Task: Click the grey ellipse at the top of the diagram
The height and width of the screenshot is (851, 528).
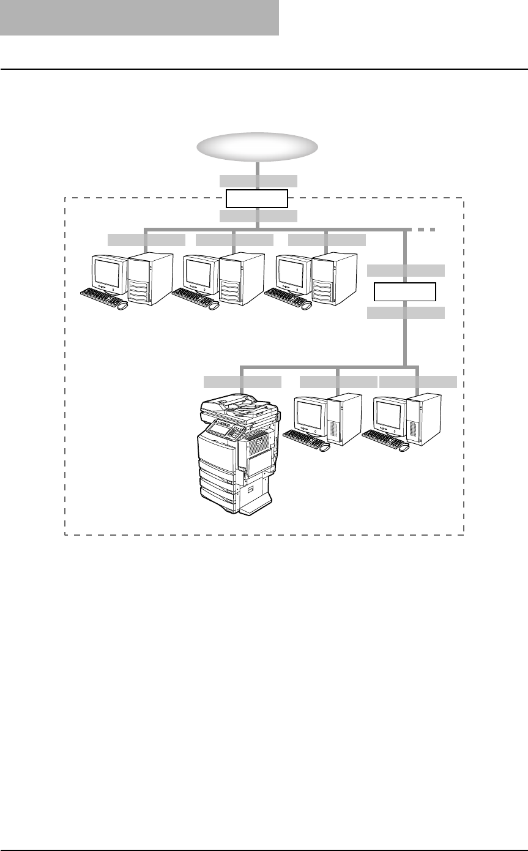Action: [x=257, y=147]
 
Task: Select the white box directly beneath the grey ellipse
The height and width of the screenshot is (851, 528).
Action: [x=257, y=199]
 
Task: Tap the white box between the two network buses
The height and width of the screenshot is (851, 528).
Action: [x=405, y=292]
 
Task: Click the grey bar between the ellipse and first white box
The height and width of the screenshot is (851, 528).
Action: [x=258, y=181]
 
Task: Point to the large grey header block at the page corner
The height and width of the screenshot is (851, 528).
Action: [x=139, y=17]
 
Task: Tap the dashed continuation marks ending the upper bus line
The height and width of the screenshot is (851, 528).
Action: [x=426, y=230]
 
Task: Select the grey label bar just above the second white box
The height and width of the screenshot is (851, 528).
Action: [x=406, y=271]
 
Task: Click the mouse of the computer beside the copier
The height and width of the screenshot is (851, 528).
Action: [x=325, y=447]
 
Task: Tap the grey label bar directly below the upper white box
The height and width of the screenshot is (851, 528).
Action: [x=258, y=216]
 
